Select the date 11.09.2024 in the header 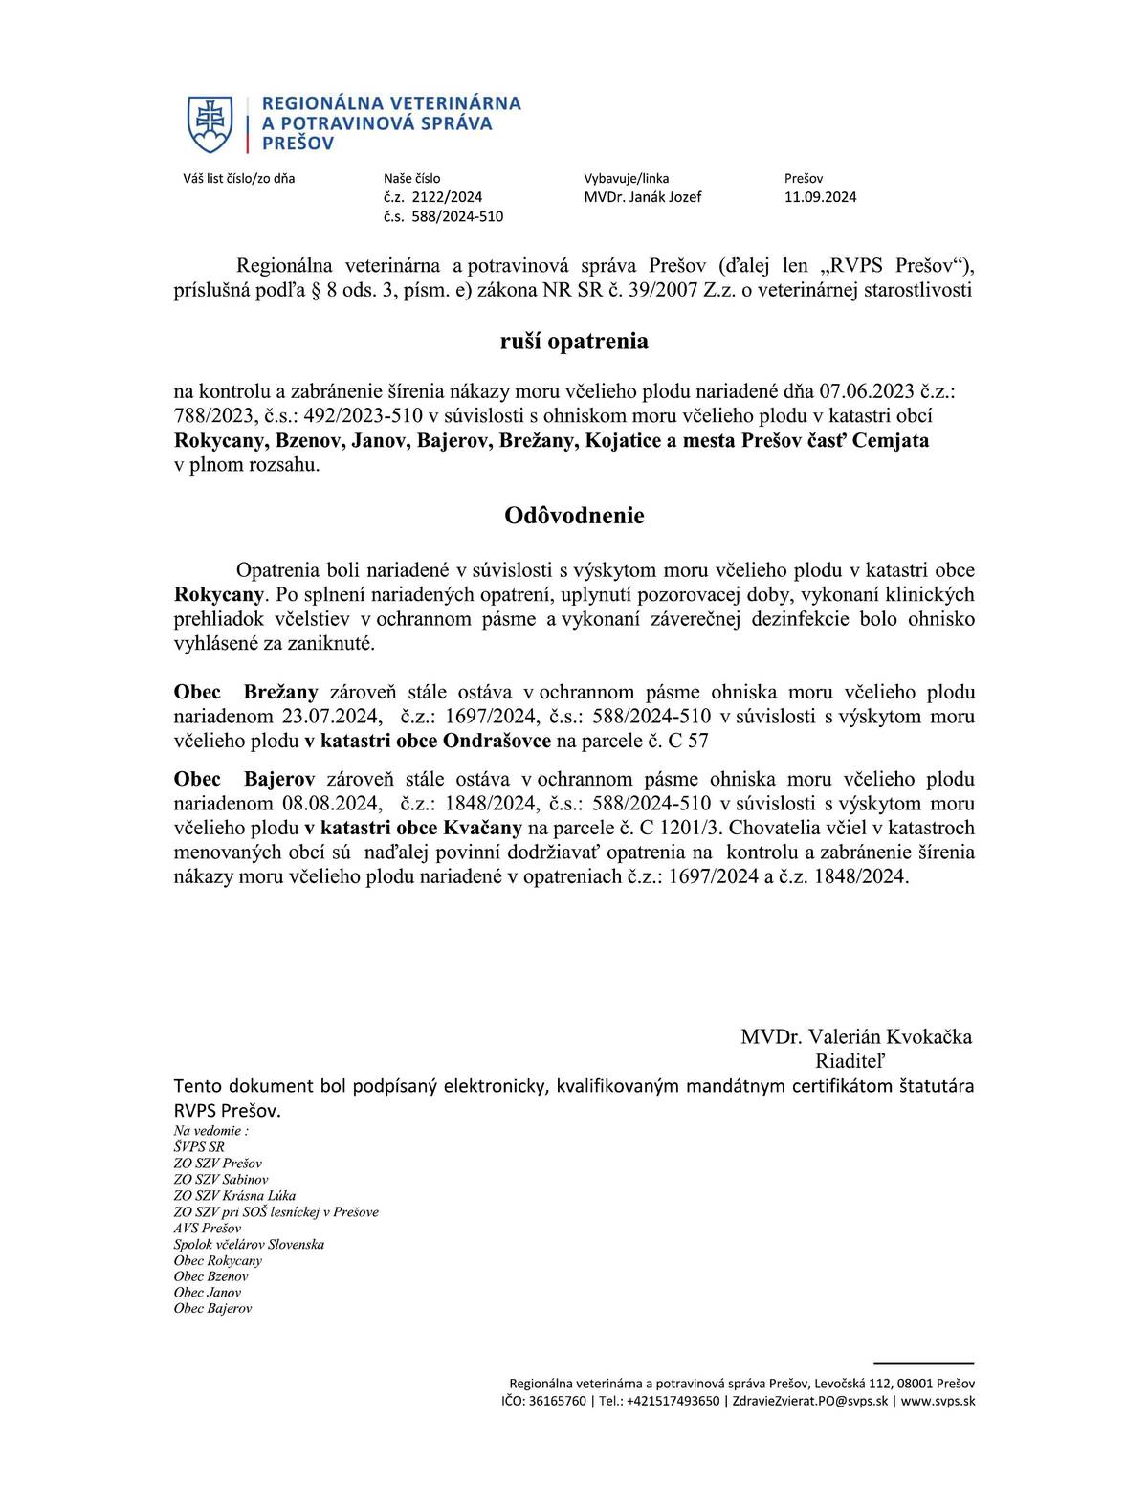(820, 197)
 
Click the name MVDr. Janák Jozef (642, 197)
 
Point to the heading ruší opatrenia (574, 342)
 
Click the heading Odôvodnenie (574, 516)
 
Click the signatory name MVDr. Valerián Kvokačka (855, 1036)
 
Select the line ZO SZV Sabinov (221, 1180)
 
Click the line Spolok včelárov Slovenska (249, 1244)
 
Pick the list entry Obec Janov (208, 1292)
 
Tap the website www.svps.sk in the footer (938, 1401)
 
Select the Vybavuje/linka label (626, 178)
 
